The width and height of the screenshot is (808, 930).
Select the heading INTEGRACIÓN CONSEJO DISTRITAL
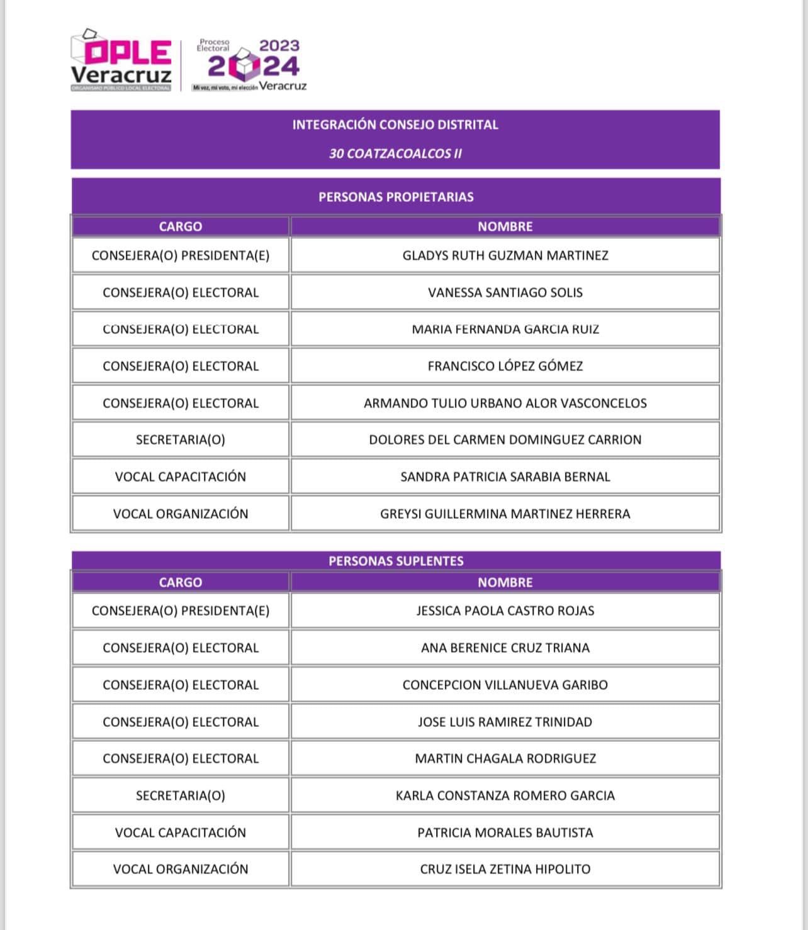[395, 125]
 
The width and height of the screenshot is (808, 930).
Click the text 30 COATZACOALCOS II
[395, 153]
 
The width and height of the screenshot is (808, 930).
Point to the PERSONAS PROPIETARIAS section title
[395, 197]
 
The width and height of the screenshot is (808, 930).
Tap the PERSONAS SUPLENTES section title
[395, 561]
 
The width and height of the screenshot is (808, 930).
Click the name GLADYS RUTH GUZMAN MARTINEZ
[505, 255]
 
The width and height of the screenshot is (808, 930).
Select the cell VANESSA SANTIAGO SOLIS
[505, 292]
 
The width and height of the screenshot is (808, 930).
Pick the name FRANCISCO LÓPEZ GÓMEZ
[505, 366]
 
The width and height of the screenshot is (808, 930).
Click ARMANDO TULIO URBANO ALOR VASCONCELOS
[505, 403]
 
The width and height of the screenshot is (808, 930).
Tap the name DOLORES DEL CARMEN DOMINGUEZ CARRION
[505, 440]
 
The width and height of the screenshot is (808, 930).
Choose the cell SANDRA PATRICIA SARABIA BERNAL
[505, 477]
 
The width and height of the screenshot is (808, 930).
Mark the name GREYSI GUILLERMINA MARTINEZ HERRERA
[505, 514]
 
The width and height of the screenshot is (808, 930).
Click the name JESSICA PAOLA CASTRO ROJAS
[505, 611]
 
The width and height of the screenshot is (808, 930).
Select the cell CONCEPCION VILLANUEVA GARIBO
[505, 685]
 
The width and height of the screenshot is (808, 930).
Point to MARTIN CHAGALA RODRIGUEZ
[505, 758]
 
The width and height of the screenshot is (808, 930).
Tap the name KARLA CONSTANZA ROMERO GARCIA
[505, 795]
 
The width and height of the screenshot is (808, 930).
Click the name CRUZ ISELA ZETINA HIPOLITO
[505, 869]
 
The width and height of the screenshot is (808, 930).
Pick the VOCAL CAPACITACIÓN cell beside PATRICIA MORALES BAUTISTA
[180, 833]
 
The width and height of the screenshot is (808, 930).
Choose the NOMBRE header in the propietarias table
[505, 226]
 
